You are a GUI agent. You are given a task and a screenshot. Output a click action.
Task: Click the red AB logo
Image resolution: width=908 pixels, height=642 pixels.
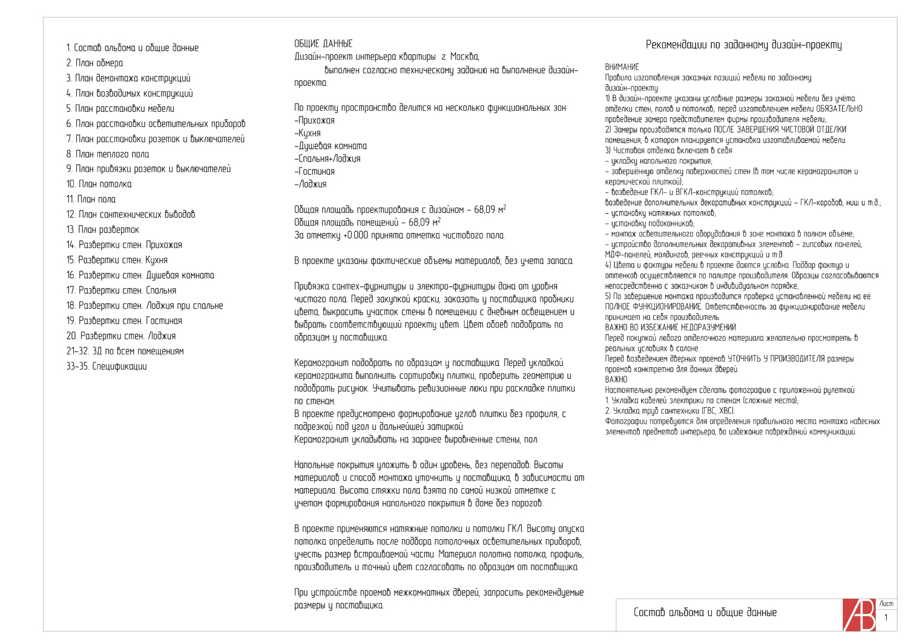[859, 615]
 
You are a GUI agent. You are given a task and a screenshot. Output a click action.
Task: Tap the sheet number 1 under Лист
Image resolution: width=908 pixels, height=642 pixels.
[886, 617]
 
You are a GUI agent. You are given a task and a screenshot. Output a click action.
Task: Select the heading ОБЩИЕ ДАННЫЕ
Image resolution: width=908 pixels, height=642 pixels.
[323, 44]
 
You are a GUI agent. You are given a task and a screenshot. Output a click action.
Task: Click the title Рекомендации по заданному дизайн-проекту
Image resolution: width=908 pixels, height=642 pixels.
[743, 45]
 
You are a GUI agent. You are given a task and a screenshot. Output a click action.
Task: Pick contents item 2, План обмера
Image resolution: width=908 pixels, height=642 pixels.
[94, 63]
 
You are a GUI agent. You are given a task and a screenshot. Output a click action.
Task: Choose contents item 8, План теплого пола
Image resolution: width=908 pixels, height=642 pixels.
[108, 154]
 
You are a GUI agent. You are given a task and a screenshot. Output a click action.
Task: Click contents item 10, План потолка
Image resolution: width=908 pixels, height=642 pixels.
[99, 184]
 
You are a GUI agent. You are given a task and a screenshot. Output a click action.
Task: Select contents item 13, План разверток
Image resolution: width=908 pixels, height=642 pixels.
[103, 229]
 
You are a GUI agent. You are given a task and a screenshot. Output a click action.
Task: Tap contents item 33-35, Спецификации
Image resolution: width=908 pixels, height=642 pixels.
[107, 366]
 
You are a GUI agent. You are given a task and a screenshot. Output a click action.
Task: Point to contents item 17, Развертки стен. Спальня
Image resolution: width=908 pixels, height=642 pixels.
[121, 290]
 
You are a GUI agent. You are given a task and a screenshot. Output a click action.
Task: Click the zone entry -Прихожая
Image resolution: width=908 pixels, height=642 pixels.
[315, 120]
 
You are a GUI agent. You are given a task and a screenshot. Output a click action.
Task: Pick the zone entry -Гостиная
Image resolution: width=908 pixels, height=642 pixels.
[314, 171]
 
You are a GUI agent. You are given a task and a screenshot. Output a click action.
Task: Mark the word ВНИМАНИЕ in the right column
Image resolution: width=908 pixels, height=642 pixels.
[622, 67]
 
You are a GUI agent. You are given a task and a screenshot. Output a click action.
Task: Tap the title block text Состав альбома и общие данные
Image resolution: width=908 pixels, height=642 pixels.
[705, 612]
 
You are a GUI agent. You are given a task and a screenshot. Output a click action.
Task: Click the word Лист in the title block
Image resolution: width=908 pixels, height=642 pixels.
[886, 604]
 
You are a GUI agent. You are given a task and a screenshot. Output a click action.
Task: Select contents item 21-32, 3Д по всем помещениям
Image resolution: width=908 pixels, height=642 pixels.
[125, 351]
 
